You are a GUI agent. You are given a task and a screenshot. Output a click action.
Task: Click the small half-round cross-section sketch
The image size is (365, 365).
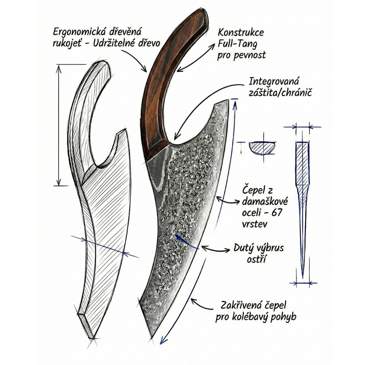pos(262,148)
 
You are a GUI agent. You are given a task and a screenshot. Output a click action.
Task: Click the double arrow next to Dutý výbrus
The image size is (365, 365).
pos(216,248)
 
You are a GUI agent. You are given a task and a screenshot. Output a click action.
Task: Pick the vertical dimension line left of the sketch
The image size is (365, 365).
pos(58,125)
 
